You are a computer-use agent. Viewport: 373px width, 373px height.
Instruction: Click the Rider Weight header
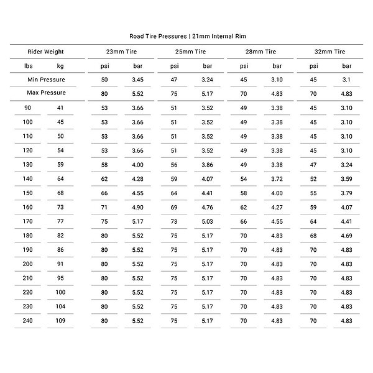(x=45, y=52)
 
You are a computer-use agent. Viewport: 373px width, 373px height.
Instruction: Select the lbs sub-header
(x=29, y=65)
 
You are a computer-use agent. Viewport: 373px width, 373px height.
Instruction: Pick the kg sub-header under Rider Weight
(x=60, y=65)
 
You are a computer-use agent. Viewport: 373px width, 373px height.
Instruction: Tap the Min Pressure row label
(x=46, y=80)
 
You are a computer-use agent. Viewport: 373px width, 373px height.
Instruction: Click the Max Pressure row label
(x=46, y=93)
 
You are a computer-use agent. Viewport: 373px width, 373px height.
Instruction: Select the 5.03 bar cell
(x=207, y=221)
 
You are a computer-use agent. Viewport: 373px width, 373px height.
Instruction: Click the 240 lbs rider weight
(x=29, y=320)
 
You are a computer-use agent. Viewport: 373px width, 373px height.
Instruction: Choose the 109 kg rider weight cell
(x=60, y=320)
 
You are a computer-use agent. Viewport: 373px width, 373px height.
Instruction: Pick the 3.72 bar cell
(x=277, y=178)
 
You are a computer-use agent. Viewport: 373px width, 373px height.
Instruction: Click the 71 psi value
(x=104, y=206)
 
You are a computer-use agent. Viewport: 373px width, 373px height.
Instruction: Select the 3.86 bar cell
(x=207, y=164)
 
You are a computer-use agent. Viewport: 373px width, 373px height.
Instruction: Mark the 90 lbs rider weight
(x=29, y=108)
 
